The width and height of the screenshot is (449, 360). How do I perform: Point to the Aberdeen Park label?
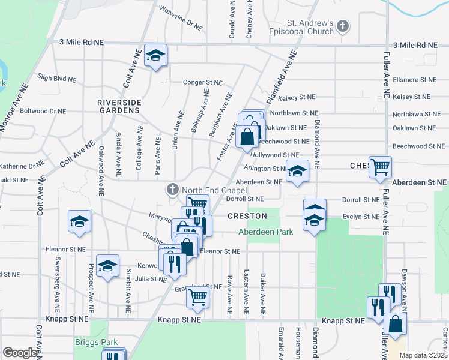point(265,231)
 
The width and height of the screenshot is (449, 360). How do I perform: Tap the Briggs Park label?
point(95,342)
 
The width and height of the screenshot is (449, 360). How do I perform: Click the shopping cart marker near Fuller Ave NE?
point(380,167)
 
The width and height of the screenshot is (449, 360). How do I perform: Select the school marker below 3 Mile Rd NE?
point(156,56)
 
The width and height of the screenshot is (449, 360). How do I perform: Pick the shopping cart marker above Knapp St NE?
point(197,296)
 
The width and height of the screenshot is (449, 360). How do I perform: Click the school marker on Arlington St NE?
point(297,170)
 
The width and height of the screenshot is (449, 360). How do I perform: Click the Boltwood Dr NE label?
point(42,111)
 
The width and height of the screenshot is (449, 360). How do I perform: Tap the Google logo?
point(20,353)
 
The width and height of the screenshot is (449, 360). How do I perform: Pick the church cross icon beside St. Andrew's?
point(342,26)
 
